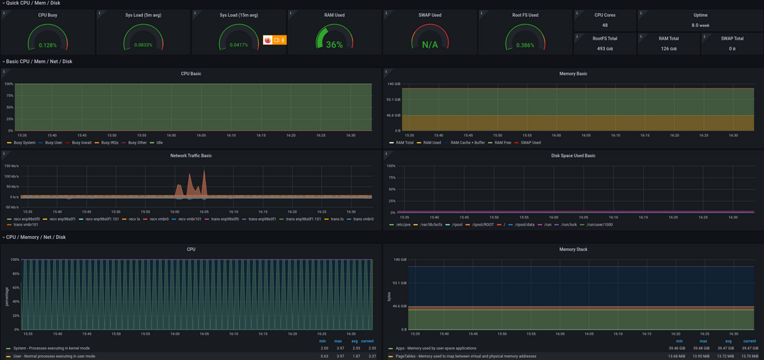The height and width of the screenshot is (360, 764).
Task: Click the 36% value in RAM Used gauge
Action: (x=335, y=45)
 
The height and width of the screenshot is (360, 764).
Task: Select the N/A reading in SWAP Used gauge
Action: (x=430, y=45)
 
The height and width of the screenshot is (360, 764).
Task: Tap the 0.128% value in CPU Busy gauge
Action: (x=47, y=45)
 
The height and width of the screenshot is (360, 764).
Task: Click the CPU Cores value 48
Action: (x=605, y=25)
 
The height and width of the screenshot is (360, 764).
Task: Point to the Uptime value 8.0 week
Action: (x=700, y=25)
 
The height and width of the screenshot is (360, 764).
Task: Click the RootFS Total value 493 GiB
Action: (x=605, y=49)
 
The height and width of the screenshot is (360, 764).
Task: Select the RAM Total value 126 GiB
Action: (x=668, y=49)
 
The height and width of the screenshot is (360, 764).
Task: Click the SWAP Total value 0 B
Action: (x=732, y=49)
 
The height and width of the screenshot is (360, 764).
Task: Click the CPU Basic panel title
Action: (x=191, y=73)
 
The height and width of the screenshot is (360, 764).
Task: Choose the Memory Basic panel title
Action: (x=573, y=73)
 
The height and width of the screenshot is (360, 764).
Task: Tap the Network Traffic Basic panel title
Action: (x=191, y=155)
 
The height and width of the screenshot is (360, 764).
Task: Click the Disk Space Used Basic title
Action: (x=573, y=155)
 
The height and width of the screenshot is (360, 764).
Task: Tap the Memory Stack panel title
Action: (x=573, y=249)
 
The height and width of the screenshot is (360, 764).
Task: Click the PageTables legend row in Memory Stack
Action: (x=467, y=356)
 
